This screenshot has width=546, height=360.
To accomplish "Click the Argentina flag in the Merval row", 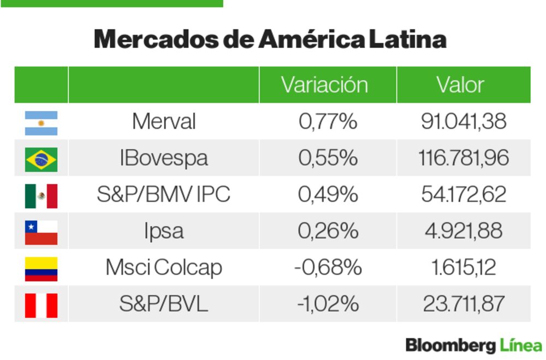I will (41, 123).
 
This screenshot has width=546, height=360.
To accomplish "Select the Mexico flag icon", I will (41, 196).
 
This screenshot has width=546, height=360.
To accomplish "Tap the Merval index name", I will (164, 122).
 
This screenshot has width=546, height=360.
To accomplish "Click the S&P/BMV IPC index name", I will (164, 195).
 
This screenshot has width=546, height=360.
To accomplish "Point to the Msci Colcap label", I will (164, 268).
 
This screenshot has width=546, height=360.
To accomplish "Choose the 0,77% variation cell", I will (328, 122).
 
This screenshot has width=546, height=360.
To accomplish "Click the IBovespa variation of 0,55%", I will (328, 158).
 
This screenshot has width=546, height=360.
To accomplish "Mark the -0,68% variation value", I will (328, 268).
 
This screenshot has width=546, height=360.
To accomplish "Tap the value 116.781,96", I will (464, 158).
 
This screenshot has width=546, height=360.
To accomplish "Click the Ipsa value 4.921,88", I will (464, 231).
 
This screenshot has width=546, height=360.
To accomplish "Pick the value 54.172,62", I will (464, 195).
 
